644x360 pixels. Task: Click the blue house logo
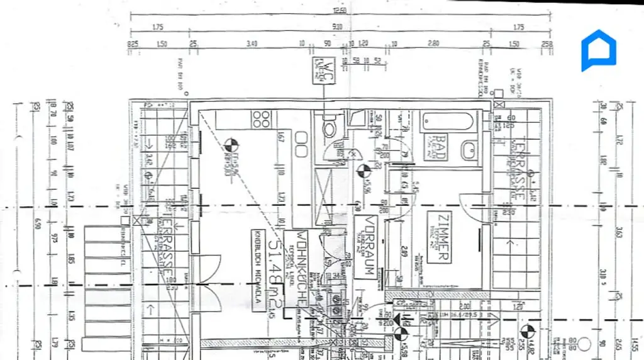598,50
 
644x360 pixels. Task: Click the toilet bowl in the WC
328,130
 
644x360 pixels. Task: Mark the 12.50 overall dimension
340,11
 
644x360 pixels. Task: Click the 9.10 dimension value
337,27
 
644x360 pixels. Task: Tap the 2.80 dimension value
432,43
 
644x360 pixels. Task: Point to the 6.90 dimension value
37,223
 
